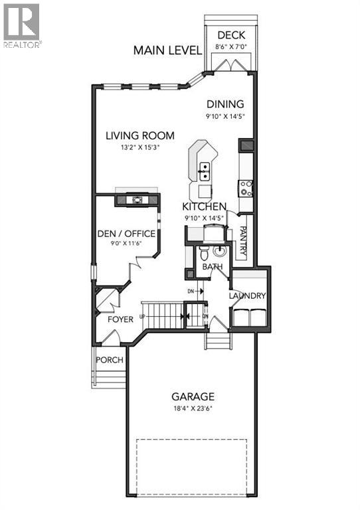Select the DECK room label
click(x=232, y=36)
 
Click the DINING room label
click(x=225, y=104)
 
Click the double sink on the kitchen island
click(x=204, y=174)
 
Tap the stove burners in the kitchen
click(x=246, y=188)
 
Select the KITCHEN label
click(x=205, y=207)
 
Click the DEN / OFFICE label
click(x=126, y=234)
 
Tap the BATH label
click(x=213, y=267)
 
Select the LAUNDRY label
click(x=248, y=296)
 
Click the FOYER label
click(x=120, y=319)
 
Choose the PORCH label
click(x=110, y=360)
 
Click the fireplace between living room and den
click(x=137, y=199)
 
